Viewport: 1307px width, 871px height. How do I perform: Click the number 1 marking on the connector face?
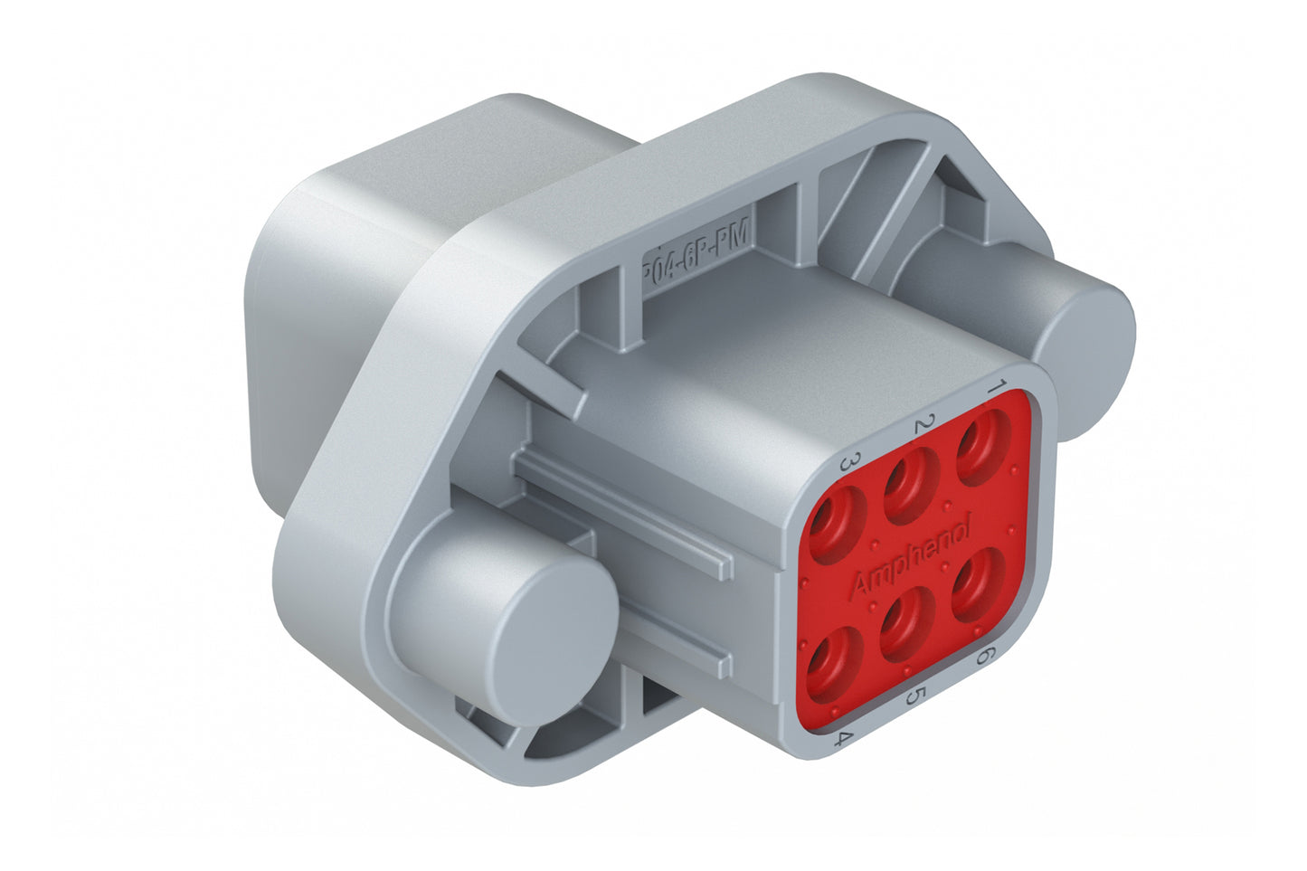pos(996,387)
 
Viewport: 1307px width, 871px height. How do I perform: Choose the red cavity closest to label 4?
pos(830,667)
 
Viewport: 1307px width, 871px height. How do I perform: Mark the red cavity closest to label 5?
pos(905,624)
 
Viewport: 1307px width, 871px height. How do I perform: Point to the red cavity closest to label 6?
pos(977,583)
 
